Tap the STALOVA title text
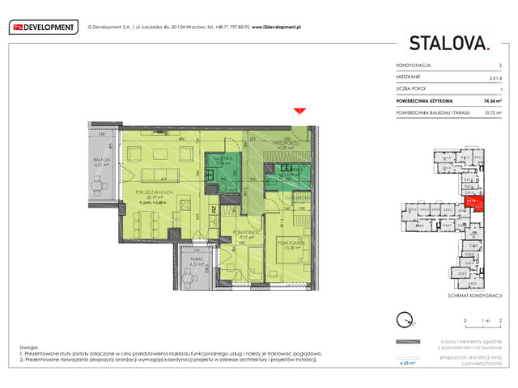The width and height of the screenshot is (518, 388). [448, 43]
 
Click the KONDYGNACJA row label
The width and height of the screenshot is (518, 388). [414, 64]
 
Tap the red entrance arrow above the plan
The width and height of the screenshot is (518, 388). [299, 111]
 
